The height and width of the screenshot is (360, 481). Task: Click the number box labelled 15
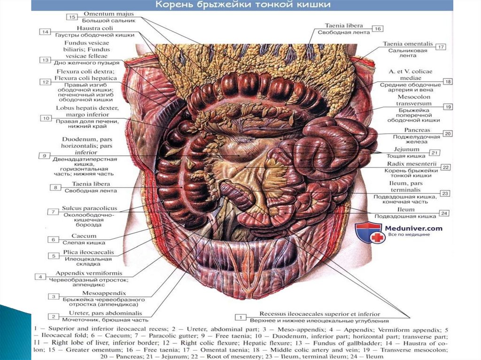point(71,17)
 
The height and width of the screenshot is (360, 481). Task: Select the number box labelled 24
point(444,213)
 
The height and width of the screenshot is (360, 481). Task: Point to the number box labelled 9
point(44,155)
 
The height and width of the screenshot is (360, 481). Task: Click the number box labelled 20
point(447,133)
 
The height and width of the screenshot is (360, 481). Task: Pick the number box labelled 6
point(53,239)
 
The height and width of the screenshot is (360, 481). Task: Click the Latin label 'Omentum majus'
point(108,14)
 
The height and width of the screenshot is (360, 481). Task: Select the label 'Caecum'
point(84,236)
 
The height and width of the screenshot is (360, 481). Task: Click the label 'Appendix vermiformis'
point(89,273)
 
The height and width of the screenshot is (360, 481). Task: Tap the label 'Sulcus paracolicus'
point(90,208)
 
